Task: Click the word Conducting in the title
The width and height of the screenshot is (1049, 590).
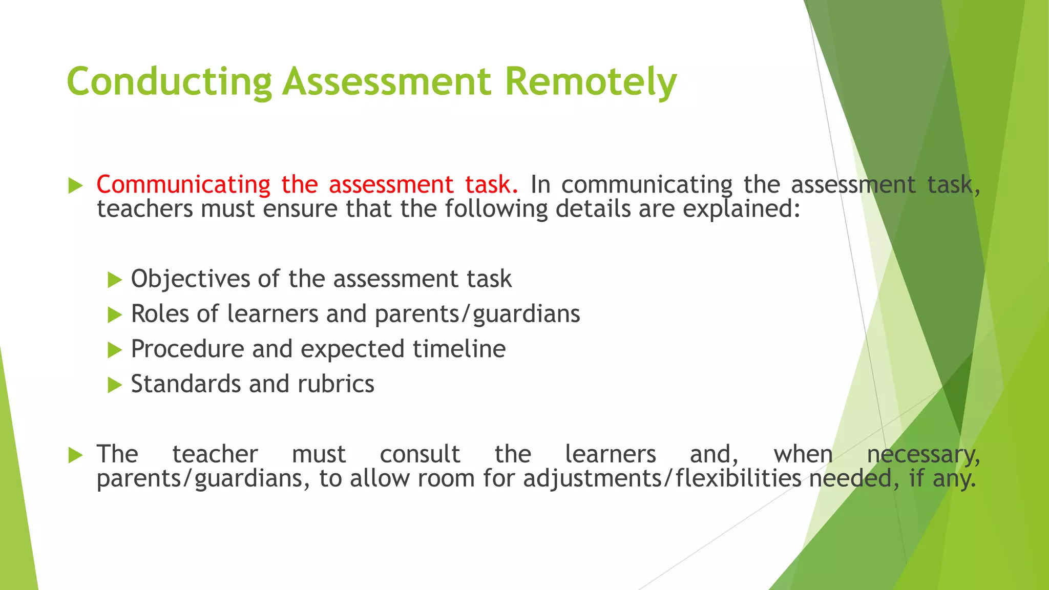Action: click(169, 82)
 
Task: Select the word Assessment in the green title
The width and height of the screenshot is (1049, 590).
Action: click(387, 82)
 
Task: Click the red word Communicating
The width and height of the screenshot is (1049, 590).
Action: click(183, 185)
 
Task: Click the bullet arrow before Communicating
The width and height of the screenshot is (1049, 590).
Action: click(75, 186)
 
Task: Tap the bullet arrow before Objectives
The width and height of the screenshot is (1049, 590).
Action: click(115, 280)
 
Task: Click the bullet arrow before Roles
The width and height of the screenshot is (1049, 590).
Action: click(115, 315)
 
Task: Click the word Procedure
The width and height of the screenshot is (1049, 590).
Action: click(187, 349)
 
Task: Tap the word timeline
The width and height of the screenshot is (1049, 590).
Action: click(459, 349)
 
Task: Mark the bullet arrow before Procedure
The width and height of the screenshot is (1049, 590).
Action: click(115, 350)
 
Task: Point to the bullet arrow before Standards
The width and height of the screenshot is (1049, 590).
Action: click(115, 385)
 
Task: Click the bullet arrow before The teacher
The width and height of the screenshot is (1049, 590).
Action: click(75, 455)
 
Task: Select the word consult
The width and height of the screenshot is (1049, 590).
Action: click(420, 454)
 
